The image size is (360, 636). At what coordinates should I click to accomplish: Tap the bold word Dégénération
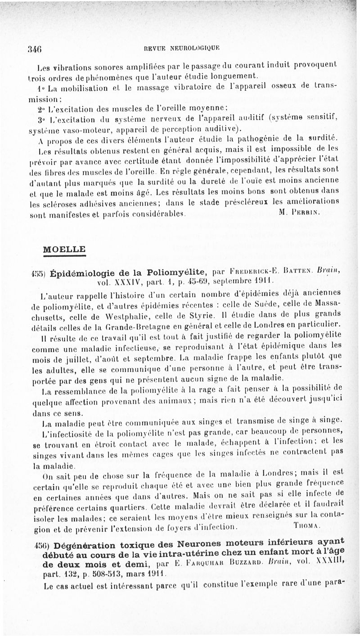point(85,542)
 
